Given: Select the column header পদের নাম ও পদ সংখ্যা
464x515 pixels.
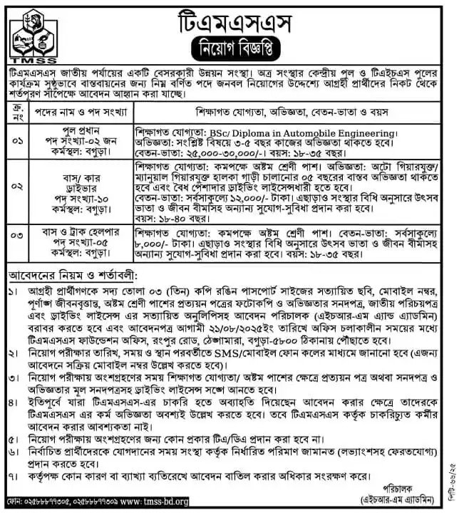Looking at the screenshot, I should (x=76, y=113).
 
